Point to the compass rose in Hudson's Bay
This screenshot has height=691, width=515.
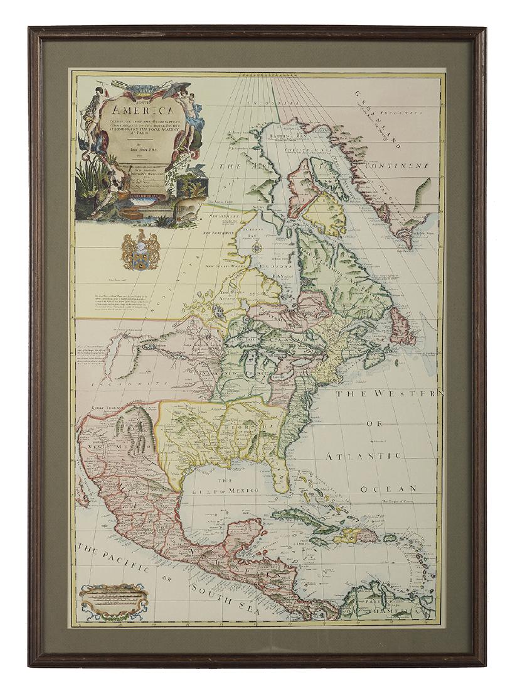pyautogui.click(x=257, y=246)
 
